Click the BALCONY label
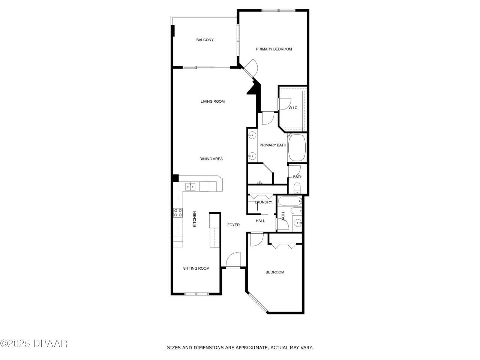(x=205, y=40)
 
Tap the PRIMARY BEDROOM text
(x=274, y=49)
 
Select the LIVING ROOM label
(x=212, y=101)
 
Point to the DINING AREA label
(x=211, y=159)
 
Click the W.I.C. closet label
(x=293, y=108)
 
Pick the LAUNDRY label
(x=263, y=202)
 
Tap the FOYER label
(x=233, y=225)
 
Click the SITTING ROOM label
(x=196, y=268)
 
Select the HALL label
(x=260, y=221)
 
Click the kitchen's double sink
(x=190, y=186)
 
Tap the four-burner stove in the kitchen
(x=178, y=213)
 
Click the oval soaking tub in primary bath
(x=297, y=148)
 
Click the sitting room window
(x=196, y=294)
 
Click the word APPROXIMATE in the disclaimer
(x=249, y=348)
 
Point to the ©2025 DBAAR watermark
(x=34, y=343)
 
